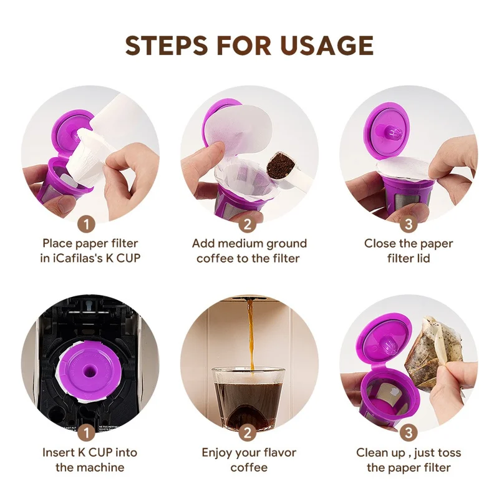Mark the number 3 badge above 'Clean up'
[409, 432]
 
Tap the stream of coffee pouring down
[251, 337]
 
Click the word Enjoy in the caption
[218, 452]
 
